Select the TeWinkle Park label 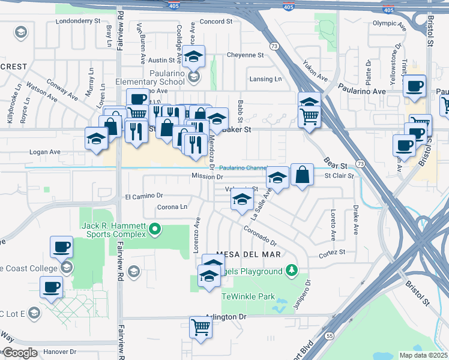tap(248, 296)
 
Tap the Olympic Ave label tap(390, 23)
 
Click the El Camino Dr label tap(144, 196)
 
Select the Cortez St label tap(331, 253)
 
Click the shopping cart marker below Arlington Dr tap(201, 328)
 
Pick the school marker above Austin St tap(193, 56)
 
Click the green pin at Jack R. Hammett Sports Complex tap(155, 228)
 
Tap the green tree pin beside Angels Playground tap(292, 271)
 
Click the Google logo tap(19, 353)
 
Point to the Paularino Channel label tap(242, 168)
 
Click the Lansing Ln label tap(265, 79)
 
